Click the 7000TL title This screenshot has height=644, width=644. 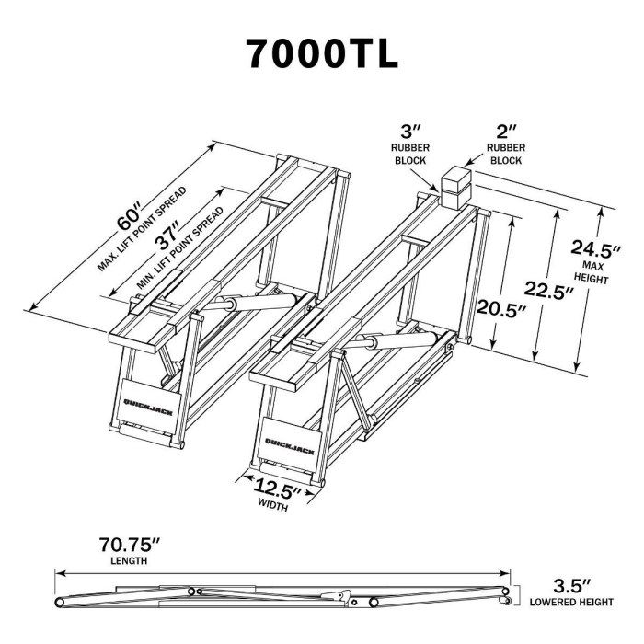[322, 54]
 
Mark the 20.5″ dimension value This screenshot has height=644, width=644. [502, 308]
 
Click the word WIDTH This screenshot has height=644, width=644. [273, 505]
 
